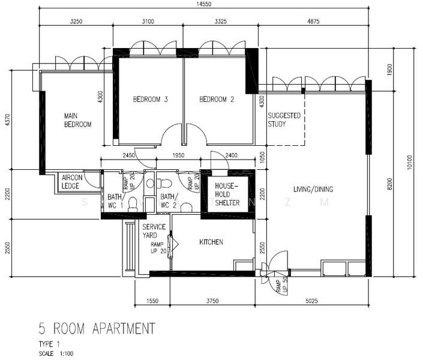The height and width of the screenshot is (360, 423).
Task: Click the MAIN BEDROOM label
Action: [x=78, y=120]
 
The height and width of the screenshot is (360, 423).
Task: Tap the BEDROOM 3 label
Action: [x=150, y=100]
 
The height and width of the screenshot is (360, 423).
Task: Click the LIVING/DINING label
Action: [x=313, y=190]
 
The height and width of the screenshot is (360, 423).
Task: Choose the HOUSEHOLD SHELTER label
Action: [x=227, y=194]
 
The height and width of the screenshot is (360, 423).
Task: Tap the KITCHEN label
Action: [x=211, y=242]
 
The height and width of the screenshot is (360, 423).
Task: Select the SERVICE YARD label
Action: [x=154, y=231]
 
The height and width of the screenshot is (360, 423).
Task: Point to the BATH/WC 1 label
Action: [x=115, y=200]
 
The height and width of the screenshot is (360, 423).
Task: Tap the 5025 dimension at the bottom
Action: [x=314, y=302]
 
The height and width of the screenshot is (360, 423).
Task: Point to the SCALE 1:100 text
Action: [x=55, y=353]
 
